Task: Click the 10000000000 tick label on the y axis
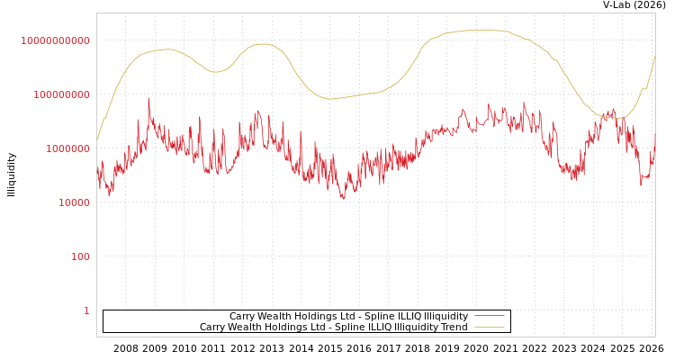(56, 40)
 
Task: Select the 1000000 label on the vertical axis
(67, 148)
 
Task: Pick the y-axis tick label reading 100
(79, 256)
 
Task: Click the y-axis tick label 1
(86, 310)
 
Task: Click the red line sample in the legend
(490, 317)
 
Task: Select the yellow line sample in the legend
(490, 328)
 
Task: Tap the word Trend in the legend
(453, 328)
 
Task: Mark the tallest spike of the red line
(148, 99)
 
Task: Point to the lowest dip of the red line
(343, 199)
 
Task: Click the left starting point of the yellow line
(97, 140)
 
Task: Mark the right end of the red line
(655, 133)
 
